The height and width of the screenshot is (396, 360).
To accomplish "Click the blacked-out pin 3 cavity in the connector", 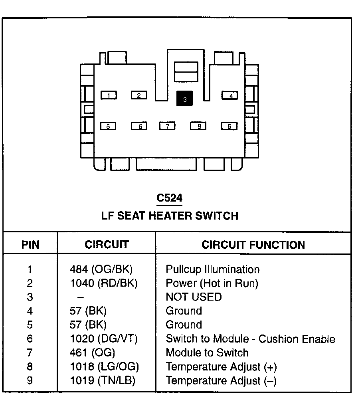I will (184, 99).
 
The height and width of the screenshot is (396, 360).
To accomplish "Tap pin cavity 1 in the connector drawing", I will (108, 95).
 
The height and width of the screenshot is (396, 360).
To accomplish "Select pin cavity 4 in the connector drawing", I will (230, 95).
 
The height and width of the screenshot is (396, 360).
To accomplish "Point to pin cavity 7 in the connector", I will (168, 126).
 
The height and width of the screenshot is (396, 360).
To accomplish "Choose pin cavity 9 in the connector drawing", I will (229, 126).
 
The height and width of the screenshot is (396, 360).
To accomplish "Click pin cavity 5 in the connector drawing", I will (108, 126).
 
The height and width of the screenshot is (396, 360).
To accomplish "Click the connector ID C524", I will (170, 198).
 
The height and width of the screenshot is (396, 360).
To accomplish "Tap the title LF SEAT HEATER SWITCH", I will (170, 216).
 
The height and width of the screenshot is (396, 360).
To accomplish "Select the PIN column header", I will (30, 245).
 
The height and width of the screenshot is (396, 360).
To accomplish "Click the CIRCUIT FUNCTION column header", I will (253, 245).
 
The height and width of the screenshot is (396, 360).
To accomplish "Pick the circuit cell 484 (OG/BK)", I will (101, 269).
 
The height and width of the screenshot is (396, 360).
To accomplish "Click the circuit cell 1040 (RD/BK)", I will (103, 283).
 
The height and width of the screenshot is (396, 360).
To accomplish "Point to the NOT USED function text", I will (194, 297).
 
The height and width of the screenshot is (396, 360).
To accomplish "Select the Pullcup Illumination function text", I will (212, 269).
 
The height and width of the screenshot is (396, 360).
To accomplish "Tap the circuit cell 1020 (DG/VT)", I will (103, 339).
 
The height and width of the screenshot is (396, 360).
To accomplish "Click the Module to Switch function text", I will (207, 353).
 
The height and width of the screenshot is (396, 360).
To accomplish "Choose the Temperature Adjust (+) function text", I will (221, 367).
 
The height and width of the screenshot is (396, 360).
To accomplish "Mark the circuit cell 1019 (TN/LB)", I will (103, 380).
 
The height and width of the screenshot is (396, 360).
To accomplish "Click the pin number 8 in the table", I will (30, 367).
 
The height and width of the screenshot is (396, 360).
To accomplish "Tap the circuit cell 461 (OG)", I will (92, 353).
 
